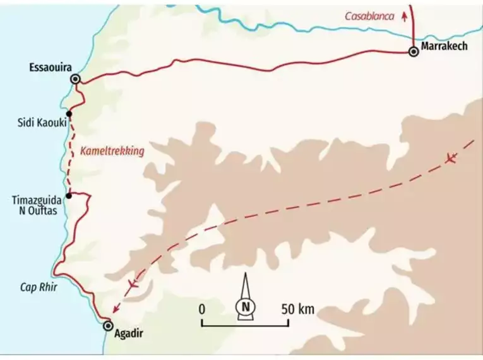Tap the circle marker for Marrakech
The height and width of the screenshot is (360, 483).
[x=414, y=52]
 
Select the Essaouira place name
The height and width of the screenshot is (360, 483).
[x=51, y=66]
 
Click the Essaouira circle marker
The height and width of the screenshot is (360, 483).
[x=76, y=79]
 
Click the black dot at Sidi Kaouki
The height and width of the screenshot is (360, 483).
[x=68, y=114]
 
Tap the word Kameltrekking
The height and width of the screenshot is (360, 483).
[x=113, y=151]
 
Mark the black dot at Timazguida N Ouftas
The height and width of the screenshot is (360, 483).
[x=68, y=195]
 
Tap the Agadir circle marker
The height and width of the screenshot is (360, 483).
[x=108, y=326]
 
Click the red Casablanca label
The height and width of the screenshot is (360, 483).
[x=369, y=16]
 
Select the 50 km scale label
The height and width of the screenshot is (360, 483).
[x=297, y=309]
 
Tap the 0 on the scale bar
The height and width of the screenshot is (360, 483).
[x=201, y=309]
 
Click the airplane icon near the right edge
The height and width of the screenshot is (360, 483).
[x=451, y=157]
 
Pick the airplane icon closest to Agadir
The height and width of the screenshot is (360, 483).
[x=133, y=284]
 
